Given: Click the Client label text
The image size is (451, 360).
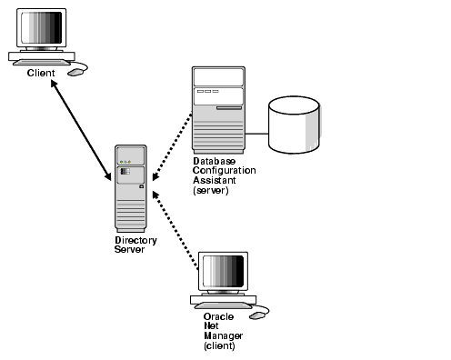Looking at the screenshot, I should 40,73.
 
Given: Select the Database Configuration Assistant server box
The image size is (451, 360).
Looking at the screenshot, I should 218,110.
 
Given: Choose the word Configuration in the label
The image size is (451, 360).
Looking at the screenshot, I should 224,172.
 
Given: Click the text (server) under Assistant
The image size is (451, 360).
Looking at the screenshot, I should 211,191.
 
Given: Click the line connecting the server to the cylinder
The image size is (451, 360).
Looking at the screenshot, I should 256,135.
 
